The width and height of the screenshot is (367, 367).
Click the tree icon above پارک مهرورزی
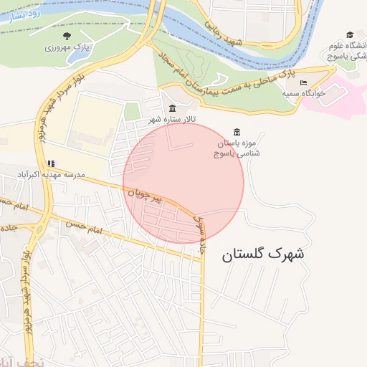(x=67, y=35)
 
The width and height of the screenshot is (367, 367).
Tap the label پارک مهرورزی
(x=66, y=47)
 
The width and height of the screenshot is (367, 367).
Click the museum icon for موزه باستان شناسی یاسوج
(x=237, y=131)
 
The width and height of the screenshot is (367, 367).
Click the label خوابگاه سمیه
(x=300, y=94)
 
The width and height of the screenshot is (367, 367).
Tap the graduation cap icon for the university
(x=350, y=34)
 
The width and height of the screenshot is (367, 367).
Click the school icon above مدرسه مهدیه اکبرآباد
(x=49, y=163)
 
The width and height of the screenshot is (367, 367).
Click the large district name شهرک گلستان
(x=263, y=254)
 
